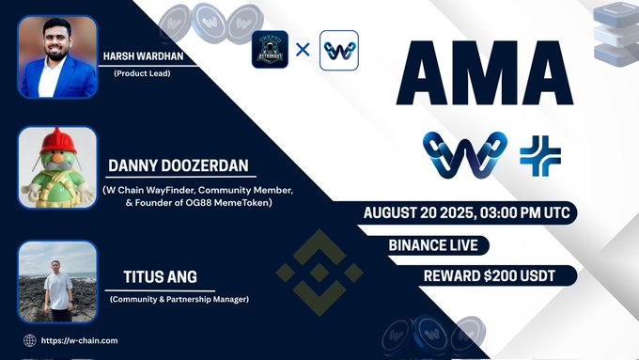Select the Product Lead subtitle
pyautogui.click(x=143, y=74)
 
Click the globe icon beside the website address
pyautogui.click(x=30, y=340)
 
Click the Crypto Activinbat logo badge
pyautogui.click(x=271, y=49)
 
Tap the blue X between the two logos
pyautogui.click(x=303, y=48)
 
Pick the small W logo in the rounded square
pyautogui.click(x=338, y=49)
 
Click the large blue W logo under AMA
pyautogui.click(x=464, y=156)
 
